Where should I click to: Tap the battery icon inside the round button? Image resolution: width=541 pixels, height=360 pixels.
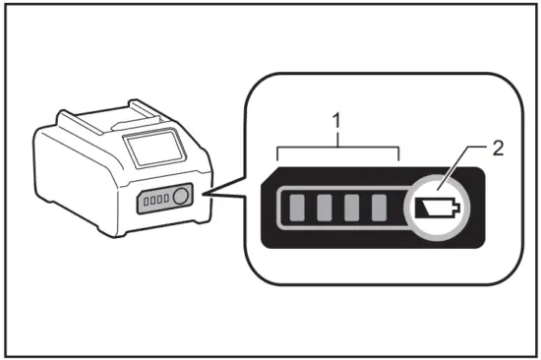click(437, 208)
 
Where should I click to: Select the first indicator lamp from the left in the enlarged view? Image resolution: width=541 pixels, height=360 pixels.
click(297, 208)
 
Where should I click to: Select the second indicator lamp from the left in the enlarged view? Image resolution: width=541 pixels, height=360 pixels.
click(325, 208)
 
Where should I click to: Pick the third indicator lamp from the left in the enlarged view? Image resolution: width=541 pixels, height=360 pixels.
click(352, 208)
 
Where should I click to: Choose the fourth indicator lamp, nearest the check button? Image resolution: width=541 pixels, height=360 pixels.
click(380, 208)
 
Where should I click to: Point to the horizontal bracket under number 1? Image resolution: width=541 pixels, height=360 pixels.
click(338, 151)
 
